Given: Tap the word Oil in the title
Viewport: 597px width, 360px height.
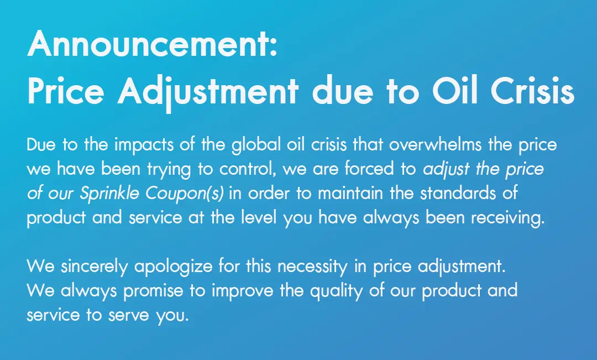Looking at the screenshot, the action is tap(454, 91).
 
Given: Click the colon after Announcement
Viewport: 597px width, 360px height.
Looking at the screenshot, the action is tap(273, 48).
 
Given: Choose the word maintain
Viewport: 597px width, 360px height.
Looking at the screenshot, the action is tap(350, 193).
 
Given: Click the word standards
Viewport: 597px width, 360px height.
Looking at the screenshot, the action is tap(458, 193).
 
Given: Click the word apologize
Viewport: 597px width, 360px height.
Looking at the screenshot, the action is tap(173, 267).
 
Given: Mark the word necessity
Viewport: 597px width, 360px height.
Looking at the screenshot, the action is tap(312, 267).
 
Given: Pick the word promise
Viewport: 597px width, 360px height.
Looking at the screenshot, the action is tap(153, 291).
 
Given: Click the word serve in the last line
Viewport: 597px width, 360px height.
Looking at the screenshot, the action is tap(128, 315).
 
